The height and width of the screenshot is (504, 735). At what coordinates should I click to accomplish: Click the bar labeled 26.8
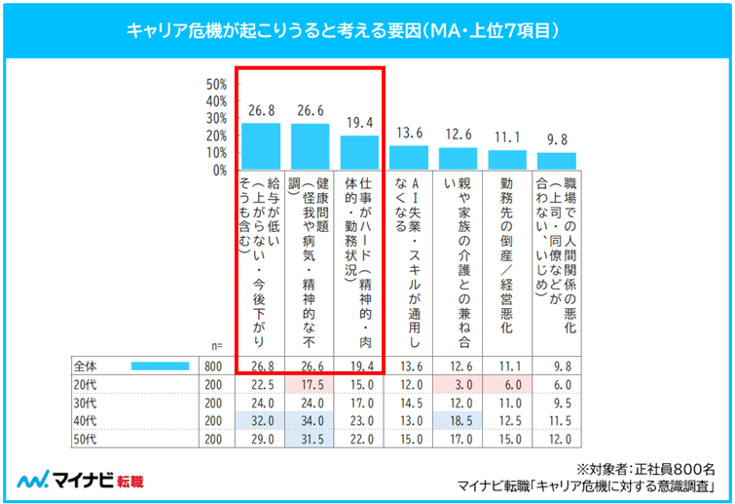pos(261,145)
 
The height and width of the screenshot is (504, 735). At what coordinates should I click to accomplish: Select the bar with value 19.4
pos(359,152)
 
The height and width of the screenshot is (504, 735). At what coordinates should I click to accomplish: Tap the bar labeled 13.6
pos(409,157)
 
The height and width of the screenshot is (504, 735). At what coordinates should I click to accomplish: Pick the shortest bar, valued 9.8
pos(557,161)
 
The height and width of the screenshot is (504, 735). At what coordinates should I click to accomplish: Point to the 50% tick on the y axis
pos(216,84)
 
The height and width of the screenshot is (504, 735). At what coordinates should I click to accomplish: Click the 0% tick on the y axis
pos(219,170)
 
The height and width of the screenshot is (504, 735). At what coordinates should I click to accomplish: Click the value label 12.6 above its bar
pos(458,135)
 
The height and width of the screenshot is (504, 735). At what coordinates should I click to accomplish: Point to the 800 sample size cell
pos(211,366)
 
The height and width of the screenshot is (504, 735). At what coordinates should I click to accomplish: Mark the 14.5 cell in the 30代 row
pos(410,403)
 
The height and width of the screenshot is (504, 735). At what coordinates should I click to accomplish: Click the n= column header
pos(216,346)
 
